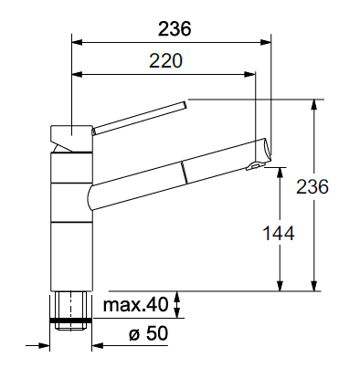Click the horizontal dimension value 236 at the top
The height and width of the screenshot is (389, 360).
[175, 29]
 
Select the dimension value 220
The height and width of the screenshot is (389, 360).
[165, 61]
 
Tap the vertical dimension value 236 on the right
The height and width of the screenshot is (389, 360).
[312, 186]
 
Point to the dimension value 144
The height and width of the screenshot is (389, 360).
[279, 234]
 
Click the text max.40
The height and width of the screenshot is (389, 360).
[135, 304]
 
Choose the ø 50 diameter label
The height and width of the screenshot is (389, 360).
[148, 333]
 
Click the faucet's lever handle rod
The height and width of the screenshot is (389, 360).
[139, 118]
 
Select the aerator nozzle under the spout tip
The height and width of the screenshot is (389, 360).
[253, 165]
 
